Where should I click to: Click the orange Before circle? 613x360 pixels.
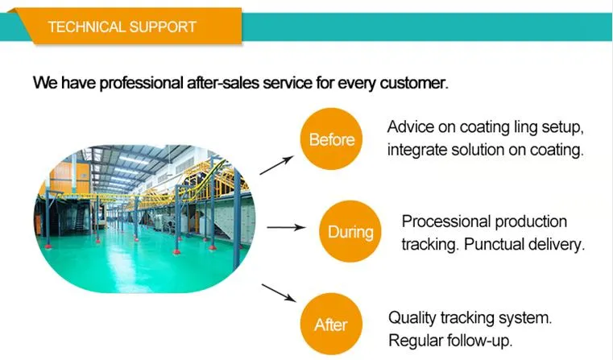point(331,139)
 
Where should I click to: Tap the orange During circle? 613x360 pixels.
point(350,232)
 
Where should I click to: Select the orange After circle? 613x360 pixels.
point(330,325)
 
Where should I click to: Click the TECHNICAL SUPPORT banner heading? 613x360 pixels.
point(122,27)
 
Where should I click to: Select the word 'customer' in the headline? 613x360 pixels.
point(411,83)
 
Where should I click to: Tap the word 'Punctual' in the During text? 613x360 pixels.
point(487,243)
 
